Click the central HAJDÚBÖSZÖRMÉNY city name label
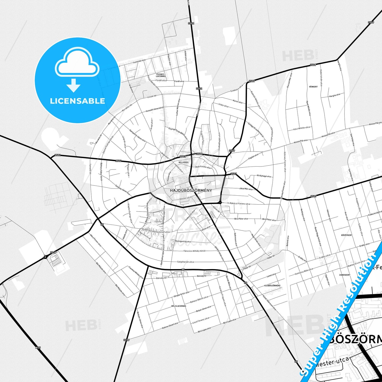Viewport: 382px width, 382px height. pyautogui.click(x=191, y=190)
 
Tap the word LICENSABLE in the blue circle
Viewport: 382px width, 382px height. pyautogui.click(x=77, y=101)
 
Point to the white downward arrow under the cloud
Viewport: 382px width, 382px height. pyautogui.click(x=73, y=85)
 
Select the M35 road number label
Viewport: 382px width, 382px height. pyautogui.click(x=38, y=348)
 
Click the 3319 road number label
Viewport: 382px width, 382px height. pyautogui.click(x=126, y=340)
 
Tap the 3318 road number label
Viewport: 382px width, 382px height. pyautogui.click(x=53, y=252)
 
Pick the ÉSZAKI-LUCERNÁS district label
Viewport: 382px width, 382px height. pyautogui.click(x=161, y=75)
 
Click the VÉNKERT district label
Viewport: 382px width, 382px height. pyautogui.click(x=313, y=87)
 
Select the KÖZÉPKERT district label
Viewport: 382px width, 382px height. pyautogui.click(x=347, y=235)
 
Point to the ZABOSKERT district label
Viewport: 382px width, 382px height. pyautogui.click(x=345, y=275)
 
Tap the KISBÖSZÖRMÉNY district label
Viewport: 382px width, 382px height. pyautogui.click(x=273, y=286)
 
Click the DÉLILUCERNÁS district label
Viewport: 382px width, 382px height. pyautogui.click(x=179, y=306)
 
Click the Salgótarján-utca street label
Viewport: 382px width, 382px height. pyautogui.click(x=186, y=262)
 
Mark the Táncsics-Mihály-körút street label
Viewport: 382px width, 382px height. pyautogui.click(x=195, y=251)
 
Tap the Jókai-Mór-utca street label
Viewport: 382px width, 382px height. pyautogui.click(x=246, y=189)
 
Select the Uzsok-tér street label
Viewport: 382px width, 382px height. pyautogui.click(x=152, y=96)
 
